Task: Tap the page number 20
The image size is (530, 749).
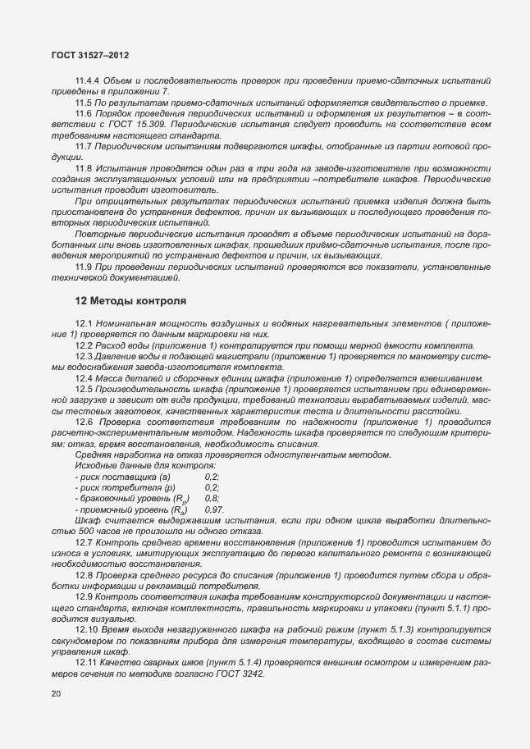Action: (x=55, y=694)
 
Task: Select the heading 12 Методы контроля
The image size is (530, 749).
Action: (x=130, y=301)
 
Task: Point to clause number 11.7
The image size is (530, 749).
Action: (x=83, y=145)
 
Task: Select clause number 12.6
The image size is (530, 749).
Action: (x=83, y=422)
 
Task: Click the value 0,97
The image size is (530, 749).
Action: (x=213, y=509)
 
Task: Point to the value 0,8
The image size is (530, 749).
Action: (x=211, y=498)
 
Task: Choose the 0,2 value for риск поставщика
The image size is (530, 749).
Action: (x=211, y=476)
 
